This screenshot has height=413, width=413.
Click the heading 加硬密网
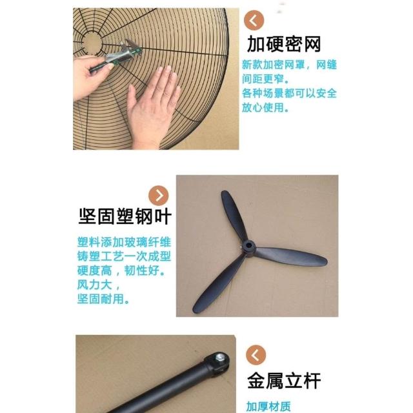coord(284,44)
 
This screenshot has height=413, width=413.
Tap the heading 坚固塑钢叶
coord(125,217)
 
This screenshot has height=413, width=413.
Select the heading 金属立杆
coord(284,381)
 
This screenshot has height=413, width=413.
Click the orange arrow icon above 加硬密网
coord(254,20)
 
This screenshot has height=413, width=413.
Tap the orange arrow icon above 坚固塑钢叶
coord(159,196)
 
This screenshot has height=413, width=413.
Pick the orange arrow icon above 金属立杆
coord(256,355)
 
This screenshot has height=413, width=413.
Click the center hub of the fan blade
coord(248,246)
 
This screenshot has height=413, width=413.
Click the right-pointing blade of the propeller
coord(291,256)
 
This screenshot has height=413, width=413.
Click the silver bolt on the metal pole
coord(219,358)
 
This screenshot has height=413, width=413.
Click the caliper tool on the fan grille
coord(116,56)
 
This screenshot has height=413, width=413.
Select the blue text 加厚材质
coord(268,407)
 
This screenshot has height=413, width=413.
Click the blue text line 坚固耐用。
coord(103,299)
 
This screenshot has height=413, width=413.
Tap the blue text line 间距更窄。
coord(265,79)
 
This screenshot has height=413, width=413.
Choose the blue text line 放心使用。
coord(265,107)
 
